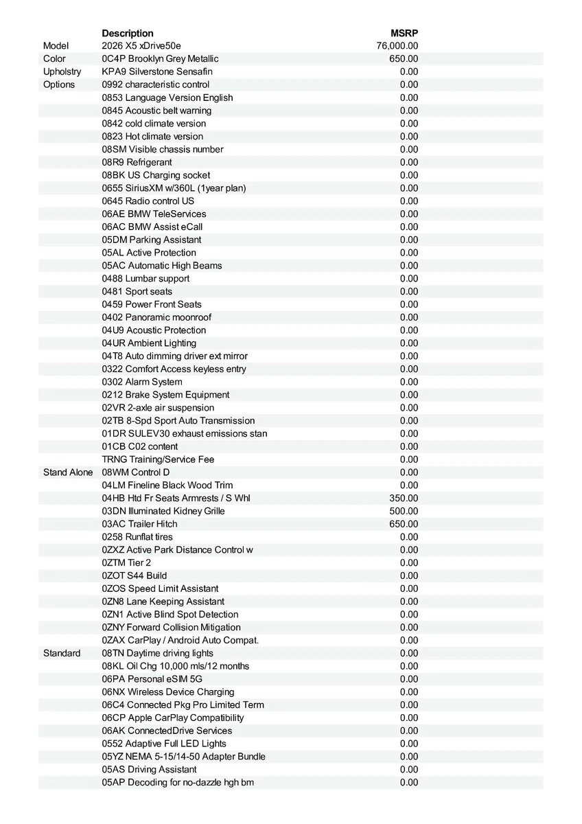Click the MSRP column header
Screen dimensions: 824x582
coord(404,33)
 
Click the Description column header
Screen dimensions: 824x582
coord(128,33)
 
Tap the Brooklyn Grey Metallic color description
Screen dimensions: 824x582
coord(160,59)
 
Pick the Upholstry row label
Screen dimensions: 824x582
coord(62,71)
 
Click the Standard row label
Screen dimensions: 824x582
coord(62,653)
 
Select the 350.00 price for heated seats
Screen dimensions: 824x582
coord(404,498)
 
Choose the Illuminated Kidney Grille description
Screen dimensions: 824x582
coord(163,511)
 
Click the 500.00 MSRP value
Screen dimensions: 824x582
coord(404,511)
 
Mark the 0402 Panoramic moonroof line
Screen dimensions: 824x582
coord(156,317)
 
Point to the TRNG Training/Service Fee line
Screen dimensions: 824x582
coord(158,459)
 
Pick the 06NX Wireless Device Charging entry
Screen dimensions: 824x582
coord(168,691)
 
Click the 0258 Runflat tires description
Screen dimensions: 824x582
coord(137,537)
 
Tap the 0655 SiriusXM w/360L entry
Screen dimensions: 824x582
coord(174,188)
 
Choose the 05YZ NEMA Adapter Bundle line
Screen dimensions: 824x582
coord(183,756)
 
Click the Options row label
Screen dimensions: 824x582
coord(59,84)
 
